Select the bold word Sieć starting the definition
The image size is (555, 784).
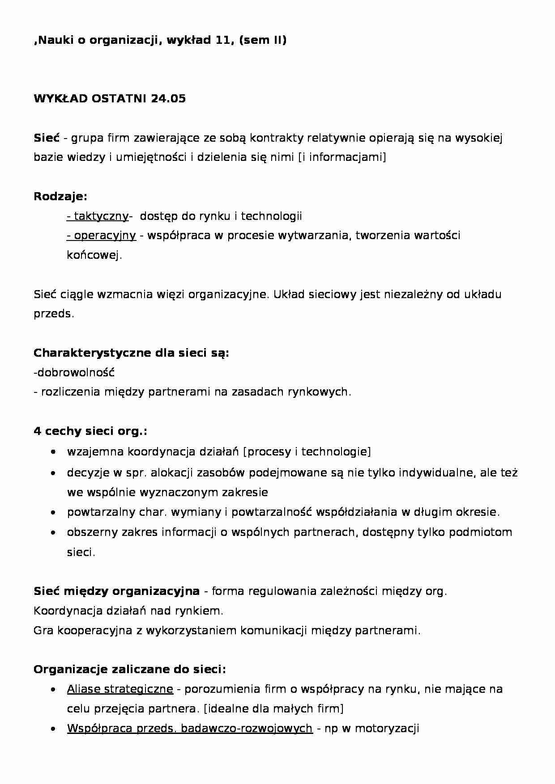(47, 138)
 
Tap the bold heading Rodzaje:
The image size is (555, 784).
(60, 196)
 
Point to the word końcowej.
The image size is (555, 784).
(94, 255)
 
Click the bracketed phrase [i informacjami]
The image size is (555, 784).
(342, 157)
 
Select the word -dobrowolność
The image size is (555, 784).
(74, 372)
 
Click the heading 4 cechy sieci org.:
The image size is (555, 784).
(90, 431)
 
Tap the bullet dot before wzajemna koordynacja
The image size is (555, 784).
(54, 452)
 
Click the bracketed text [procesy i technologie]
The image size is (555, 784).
(307, 451)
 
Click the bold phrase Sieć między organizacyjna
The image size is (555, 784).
(116, 591)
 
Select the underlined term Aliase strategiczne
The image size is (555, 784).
(120, 689)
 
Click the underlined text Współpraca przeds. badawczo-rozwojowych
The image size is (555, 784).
(190, 729)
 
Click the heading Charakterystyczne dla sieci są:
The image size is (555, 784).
(131, 353)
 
